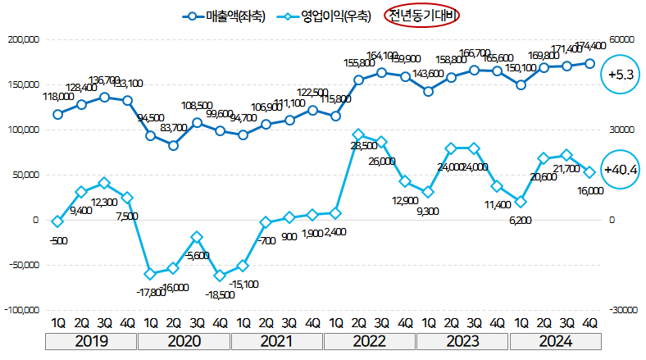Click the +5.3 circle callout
click(x=622, y=75)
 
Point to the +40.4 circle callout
click(x=622, y=170)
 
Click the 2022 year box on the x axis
click(x=370, y=341)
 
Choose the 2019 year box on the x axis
click(x=92, y=341)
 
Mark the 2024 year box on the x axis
click(x=554, y=341)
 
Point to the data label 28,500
click(x=363, y=145)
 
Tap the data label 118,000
click(x=57, y=96)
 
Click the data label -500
click(x=57, y=240)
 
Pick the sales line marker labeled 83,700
click(x=174, y=145)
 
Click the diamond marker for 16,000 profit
click(x=589, y=172)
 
